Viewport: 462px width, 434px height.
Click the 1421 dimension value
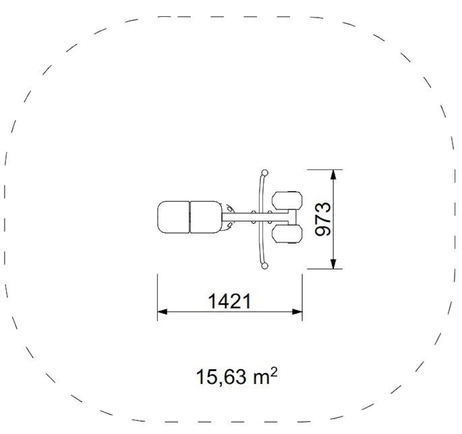(x=229, y=301)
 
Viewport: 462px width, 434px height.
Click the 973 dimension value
(x=323, y=219)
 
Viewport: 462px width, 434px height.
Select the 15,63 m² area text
(x=237, y=377)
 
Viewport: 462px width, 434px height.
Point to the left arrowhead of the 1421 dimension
(x=162, y=311)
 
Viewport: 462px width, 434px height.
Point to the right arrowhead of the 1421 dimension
(x=297, y=311)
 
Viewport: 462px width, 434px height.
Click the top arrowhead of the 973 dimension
(x=333, y=175)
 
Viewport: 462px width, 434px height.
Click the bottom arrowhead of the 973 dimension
(x=333, y=264)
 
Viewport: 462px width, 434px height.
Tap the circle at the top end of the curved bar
(x=265, y=172)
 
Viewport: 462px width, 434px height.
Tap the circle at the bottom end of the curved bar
(x=265, y=266)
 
